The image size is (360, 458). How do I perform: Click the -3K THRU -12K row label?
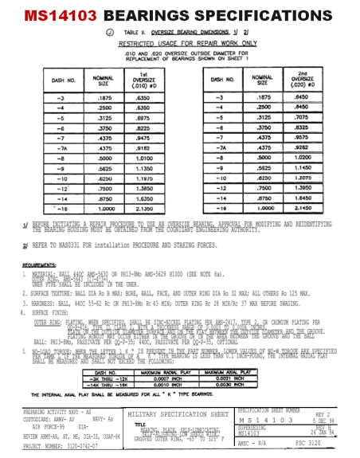coord(104,357)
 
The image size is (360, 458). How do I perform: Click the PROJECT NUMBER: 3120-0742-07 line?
coord(64,447)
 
